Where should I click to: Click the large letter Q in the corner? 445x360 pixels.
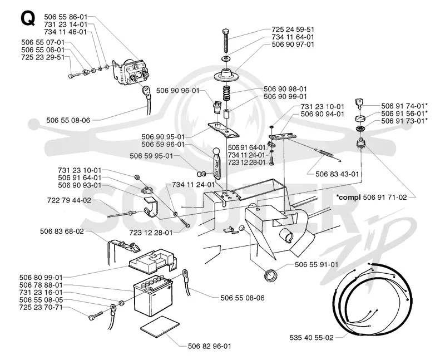pos(28,18)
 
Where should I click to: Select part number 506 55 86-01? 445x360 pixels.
pos(66,17)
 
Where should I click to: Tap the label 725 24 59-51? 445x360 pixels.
pos(293,29)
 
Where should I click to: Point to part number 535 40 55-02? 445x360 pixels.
pos(311,338)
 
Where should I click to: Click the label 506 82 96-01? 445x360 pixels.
pos(210,346)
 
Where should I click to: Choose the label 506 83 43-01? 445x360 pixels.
pos(337,174)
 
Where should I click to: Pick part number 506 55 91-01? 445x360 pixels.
pos(317,265)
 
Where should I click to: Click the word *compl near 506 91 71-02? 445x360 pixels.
pos(349,197)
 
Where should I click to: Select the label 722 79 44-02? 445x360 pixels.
pos(69,200)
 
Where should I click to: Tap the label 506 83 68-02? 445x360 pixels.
pos(62,231)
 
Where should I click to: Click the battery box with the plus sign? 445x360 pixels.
pos(153,296)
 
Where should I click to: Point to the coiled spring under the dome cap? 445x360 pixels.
pos(226,92)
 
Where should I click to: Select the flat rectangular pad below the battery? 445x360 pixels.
pos(160,327)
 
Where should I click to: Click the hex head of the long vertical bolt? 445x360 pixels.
pos(226,31)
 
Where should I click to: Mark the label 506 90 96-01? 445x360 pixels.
pos(177,91)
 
